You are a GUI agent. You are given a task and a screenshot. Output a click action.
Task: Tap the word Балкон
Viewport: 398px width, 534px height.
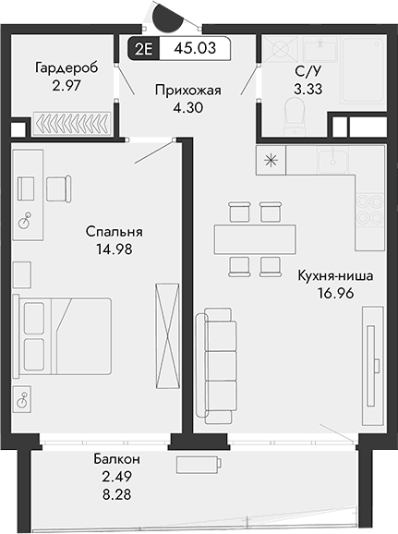pos(116,459)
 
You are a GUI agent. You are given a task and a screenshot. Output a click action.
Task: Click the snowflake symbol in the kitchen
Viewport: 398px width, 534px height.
pos(271,159)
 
